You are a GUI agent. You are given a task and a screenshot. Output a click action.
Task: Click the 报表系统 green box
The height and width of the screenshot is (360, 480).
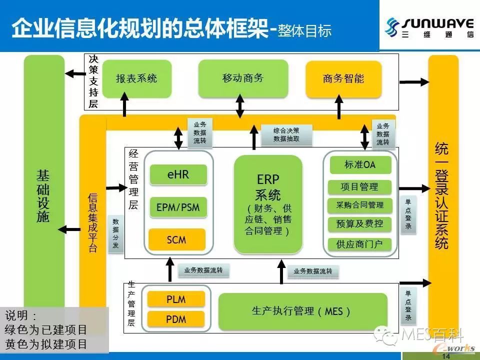[x=136, y=78]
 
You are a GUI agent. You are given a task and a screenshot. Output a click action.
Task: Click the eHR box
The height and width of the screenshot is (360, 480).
[x=177, y=175]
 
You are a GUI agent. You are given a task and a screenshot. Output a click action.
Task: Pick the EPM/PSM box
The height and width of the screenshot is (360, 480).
[x=177, y=207]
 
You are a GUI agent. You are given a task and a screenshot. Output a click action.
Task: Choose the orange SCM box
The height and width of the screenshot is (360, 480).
[x=176, y=239]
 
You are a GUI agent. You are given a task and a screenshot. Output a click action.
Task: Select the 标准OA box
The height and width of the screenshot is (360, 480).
[x=360, y=165]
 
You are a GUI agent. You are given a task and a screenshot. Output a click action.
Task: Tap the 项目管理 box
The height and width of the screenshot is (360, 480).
[x=360, y=187]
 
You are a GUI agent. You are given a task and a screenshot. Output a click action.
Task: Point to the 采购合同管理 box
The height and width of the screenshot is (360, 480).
[x=360, y=205]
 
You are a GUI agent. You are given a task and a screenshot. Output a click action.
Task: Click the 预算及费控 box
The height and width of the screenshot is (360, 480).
[x=360, y=224]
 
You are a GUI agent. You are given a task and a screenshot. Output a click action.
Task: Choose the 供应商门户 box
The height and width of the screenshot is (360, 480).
[x=360, y=244]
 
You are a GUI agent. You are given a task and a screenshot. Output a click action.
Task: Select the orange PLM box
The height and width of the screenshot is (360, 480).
[x=176, y=299]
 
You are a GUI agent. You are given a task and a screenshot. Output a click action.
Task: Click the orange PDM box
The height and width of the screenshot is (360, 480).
[x=176, y=318]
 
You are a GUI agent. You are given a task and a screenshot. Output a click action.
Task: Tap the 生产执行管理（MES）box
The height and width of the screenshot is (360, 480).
[x=302, y=311]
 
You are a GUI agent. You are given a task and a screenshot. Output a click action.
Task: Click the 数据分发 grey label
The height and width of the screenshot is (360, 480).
[x=115, y=233]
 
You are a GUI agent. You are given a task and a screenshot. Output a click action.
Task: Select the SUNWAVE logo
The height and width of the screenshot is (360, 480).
[x=430, y=26]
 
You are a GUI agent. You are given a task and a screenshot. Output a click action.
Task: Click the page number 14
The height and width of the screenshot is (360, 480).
[x=446, y=356]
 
